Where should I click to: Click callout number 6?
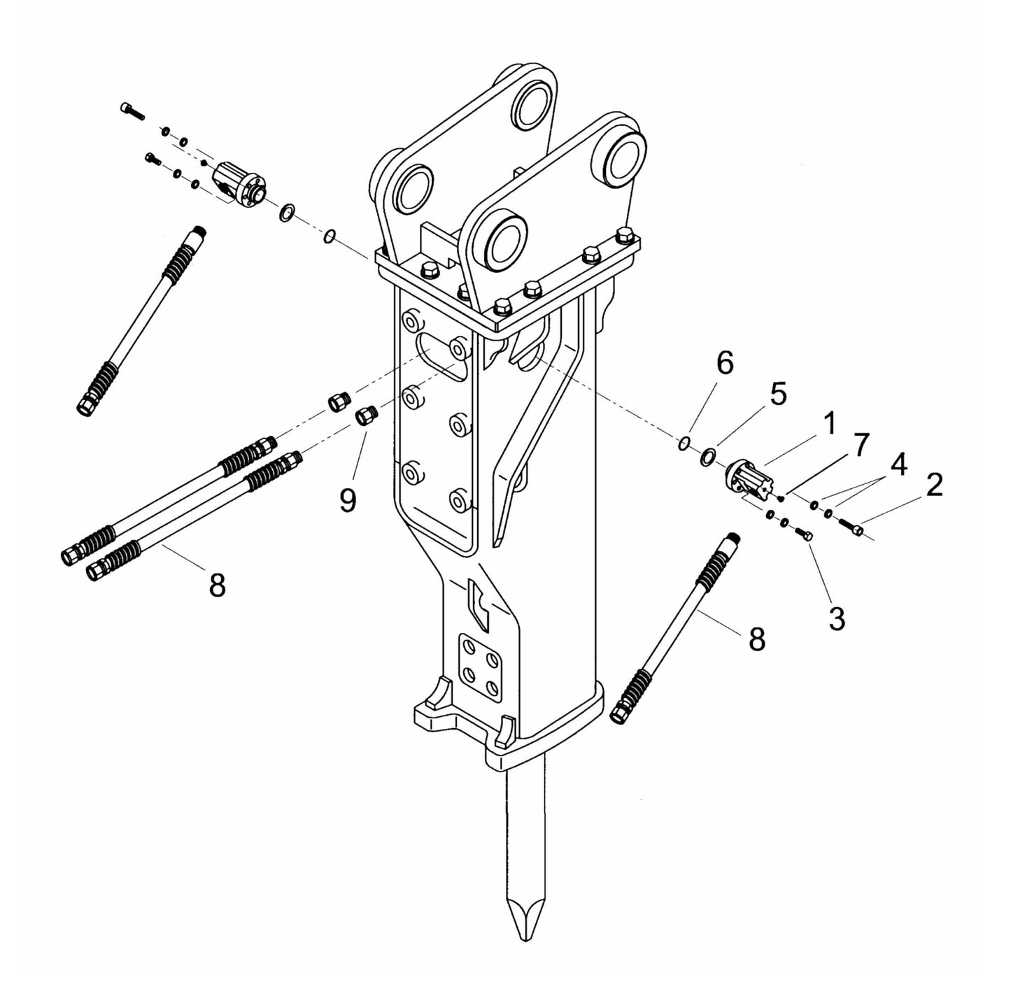coord(724,364)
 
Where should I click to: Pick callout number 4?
coord(898,464)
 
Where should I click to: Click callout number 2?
coord(934,485)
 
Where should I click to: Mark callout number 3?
coord(837,618)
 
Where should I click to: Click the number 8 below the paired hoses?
coord(218,585)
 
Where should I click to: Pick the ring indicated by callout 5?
coord(708,457)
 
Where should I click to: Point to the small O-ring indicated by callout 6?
coord(684,443)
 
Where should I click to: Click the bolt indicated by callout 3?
coord(805,534)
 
